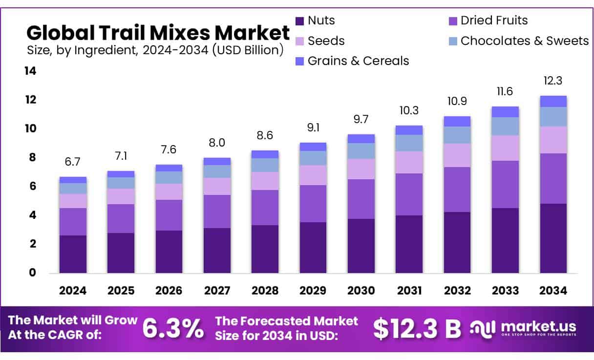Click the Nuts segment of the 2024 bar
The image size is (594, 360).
tap(73, 254)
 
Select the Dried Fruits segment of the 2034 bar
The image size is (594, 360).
tap(553, 178)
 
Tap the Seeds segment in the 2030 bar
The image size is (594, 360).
tap(361, 169)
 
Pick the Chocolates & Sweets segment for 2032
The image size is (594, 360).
tap(457, 135)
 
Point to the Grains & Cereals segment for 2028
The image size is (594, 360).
tap(265, 154)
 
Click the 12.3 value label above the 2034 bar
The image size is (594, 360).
tap(553, 81)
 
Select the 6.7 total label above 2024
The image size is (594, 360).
tap(73, 162)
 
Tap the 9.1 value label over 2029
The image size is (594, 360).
tap(313, 128)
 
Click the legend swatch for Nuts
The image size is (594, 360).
tap(300, 21)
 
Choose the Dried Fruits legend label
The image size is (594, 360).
tap(494, 21)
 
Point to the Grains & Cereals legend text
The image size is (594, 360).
tap(358, 61)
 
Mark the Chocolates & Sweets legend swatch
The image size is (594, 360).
tap(452, 41)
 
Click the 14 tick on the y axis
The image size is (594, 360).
tap(30, 71)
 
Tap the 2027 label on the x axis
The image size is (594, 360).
tap(217, 291)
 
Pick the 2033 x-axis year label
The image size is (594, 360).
tap(505, 291)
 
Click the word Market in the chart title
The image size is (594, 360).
tap(252, 33)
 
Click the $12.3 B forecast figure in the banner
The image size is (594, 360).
tap(417, 329)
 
